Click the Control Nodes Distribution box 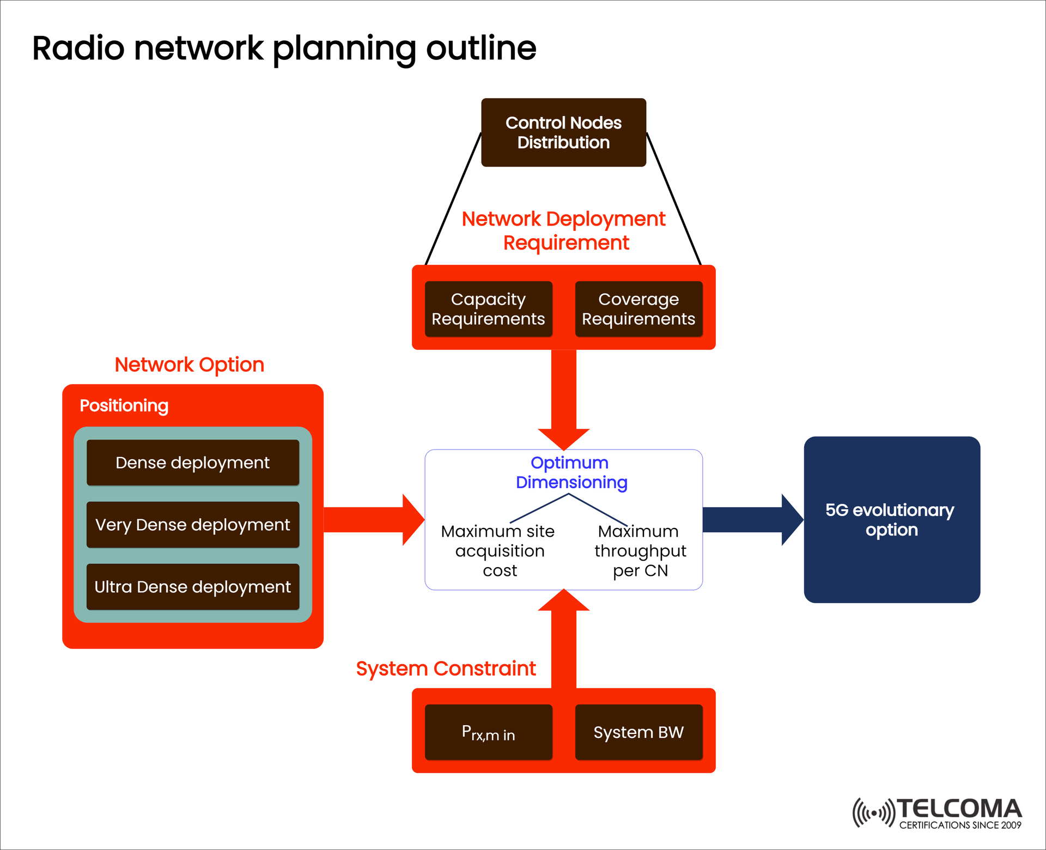(x=563, y=132)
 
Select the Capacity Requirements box (x=488, y=309)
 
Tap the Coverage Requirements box (x=638, y=309)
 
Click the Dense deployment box (x=193, y=463)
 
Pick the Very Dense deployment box (x=193, y=525)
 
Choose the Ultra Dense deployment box (x=193, y=587)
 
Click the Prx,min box (x=488, y=732)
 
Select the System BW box (x=638, y=732)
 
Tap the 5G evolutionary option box (x=892, y=519)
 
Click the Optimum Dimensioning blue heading (x=570, y=472)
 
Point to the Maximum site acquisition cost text (x=498, y=551)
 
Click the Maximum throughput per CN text (x=640, y=551)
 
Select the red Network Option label (x=190, y=365)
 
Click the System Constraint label (x=446, y=669)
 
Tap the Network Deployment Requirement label (x=564, y=230)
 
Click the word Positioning (x=124, y=405)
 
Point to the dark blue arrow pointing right (x=752, y=519)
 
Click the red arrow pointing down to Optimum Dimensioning (x=564, y=398)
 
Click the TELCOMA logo (x=937, y=813)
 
